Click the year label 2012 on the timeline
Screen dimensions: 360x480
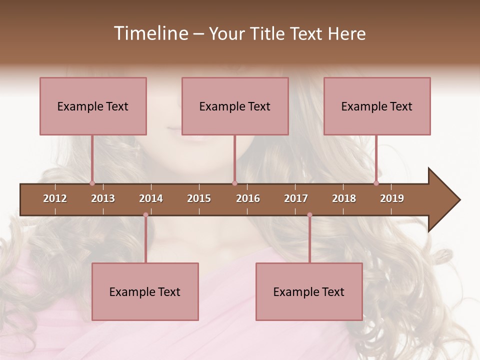[x=55, y=198]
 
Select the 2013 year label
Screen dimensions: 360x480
[x=103, y=198]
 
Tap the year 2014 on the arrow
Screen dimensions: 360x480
[x=151, y=198]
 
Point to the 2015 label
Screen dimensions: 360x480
[x=199, y=198]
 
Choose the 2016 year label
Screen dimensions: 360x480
[x=248, y=198]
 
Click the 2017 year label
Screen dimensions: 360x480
[x=296, y=198]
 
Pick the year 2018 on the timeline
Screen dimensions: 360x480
[x=344, y=198]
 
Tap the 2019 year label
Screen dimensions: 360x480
[x=392, y=198]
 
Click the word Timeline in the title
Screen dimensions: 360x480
[x=150, y=33]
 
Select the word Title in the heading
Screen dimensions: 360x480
[x=268, y=33]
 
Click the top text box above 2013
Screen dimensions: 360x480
[x=93, y=106]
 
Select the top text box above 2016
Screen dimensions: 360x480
[x=235, y=106]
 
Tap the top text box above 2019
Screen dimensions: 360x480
[x=377, y=106]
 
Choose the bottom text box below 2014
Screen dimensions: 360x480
[x=145, y=291]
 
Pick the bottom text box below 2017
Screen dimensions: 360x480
[x=309, y=291]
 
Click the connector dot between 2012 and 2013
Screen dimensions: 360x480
[x=92, y=183]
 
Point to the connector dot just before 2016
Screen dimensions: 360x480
[x=234, y=183]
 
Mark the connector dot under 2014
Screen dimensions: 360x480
[x=145, y=215]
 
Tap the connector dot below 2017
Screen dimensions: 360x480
[x=309, y=215]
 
